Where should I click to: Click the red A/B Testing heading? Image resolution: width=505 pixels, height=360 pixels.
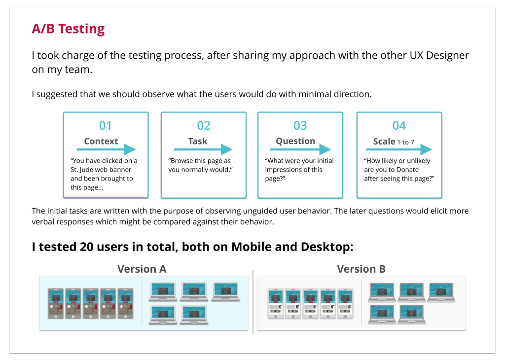point(68,29)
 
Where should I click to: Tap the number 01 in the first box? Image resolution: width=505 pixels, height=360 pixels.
point(106,126)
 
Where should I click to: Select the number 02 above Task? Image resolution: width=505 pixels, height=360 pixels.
point(204,126)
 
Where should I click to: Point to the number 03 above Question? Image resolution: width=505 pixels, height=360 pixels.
point(300,126)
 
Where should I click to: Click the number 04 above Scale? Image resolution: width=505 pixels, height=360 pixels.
point(399,126)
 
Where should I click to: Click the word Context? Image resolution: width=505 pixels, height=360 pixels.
point(101,141)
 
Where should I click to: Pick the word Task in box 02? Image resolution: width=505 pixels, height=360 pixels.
point(198,141)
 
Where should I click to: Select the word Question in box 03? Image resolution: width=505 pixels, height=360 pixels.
point(295,141)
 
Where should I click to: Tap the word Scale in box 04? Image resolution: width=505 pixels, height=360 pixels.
point(384,142)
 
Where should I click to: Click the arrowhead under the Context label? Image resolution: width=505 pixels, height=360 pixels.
point(130,149)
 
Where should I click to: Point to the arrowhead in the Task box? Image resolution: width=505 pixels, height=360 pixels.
point(227,149)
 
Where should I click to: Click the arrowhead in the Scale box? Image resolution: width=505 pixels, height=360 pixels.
point(426,149)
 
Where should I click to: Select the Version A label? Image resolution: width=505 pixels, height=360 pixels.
point(142,269)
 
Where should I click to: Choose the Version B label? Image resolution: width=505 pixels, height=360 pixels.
point(361,269)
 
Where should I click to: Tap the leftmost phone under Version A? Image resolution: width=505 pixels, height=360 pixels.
point(56,304)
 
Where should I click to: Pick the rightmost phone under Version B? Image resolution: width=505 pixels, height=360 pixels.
point(345,304)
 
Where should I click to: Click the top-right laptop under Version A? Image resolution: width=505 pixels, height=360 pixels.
point(225,292)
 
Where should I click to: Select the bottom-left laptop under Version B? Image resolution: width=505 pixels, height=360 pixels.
point(382,314)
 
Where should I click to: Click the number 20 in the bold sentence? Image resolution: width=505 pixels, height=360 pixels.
point(87,247)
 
